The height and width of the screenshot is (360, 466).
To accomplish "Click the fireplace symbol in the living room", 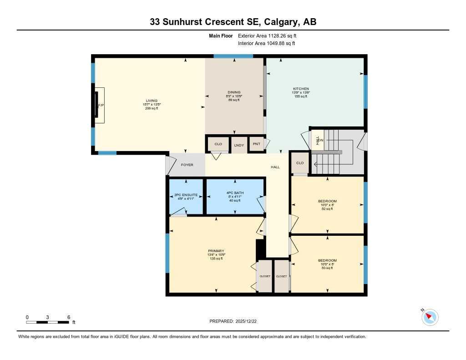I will pyautogui.click(x=98, y=105).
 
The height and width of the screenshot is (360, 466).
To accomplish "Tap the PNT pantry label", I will pyautogui.click(x=256, y=144).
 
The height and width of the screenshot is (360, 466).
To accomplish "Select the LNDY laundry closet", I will pyautogui.click(x=239, y=145).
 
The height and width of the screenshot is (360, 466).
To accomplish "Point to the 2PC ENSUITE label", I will pyautogui.click(x=186, y=194).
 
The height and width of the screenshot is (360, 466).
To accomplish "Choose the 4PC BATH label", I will pyautogui.click(x=235, y=193).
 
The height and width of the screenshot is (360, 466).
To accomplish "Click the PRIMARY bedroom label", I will pyautogui.click(x=216, y=251).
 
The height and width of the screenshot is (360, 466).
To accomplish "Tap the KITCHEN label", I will pyautogui.click(x=301, y=89).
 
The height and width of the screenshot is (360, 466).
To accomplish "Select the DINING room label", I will pyautogui.click(x=234, y=92).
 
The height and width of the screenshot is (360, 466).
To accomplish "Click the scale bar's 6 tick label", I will pyautogui.click(x=68, y=317).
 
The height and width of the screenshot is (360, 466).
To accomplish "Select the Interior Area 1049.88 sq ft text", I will pyautogui.click(x=267, y=44).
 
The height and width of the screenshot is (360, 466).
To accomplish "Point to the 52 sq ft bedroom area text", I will pyautogui.click(x=328, y=209).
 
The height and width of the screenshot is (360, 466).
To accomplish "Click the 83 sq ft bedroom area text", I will pyautogui.click(x=328, y=268).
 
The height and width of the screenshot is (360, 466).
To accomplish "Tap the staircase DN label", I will pyautogui.click(x=321, y=140).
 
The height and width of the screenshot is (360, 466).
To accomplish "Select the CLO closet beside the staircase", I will pyautogui.click(x=300, y=163).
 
